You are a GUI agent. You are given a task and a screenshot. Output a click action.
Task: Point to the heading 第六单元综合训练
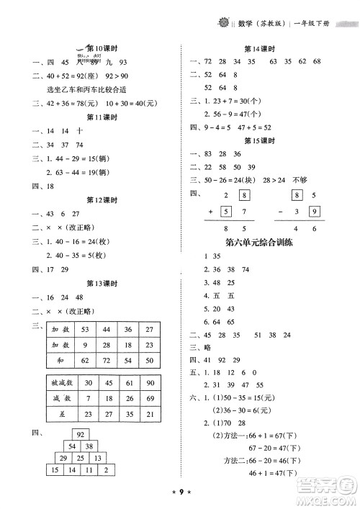[x=258, y=242]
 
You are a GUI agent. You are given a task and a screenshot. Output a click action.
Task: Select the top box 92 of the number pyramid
[x=81, y=434]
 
